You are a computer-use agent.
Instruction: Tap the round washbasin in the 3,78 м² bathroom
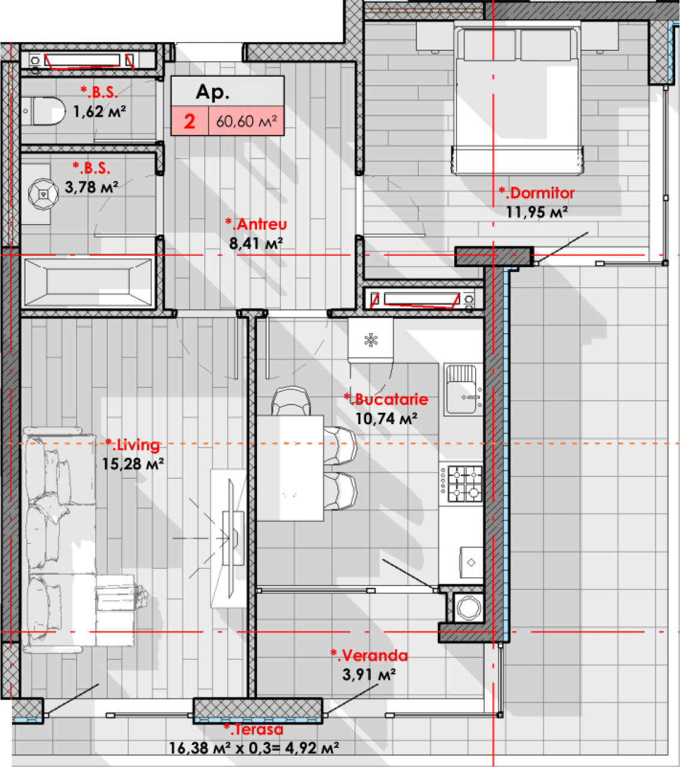43,194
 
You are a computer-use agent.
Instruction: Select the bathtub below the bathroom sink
88,282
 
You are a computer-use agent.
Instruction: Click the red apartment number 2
189,122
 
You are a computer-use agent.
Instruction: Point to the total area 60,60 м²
246,121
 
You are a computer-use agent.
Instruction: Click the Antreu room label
256,224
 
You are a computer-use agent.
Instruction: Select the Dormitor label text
536,193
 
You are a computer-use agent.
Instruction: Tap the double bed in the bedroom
517,99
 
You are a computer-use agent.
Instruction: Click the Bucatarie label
386,400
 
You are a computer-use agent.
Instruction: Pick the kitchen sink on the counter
461,390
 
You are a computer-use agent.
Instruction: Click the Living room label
132,445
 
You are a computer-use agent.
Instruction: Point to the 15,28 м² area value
132,464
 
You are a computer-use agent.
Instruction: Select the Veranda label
369,656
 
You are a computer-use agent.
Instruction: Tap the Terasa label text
253,729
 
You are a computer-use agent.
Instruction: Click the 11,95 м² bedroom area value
537,212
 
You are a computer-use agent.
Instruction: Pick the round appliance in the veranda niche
469,607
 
